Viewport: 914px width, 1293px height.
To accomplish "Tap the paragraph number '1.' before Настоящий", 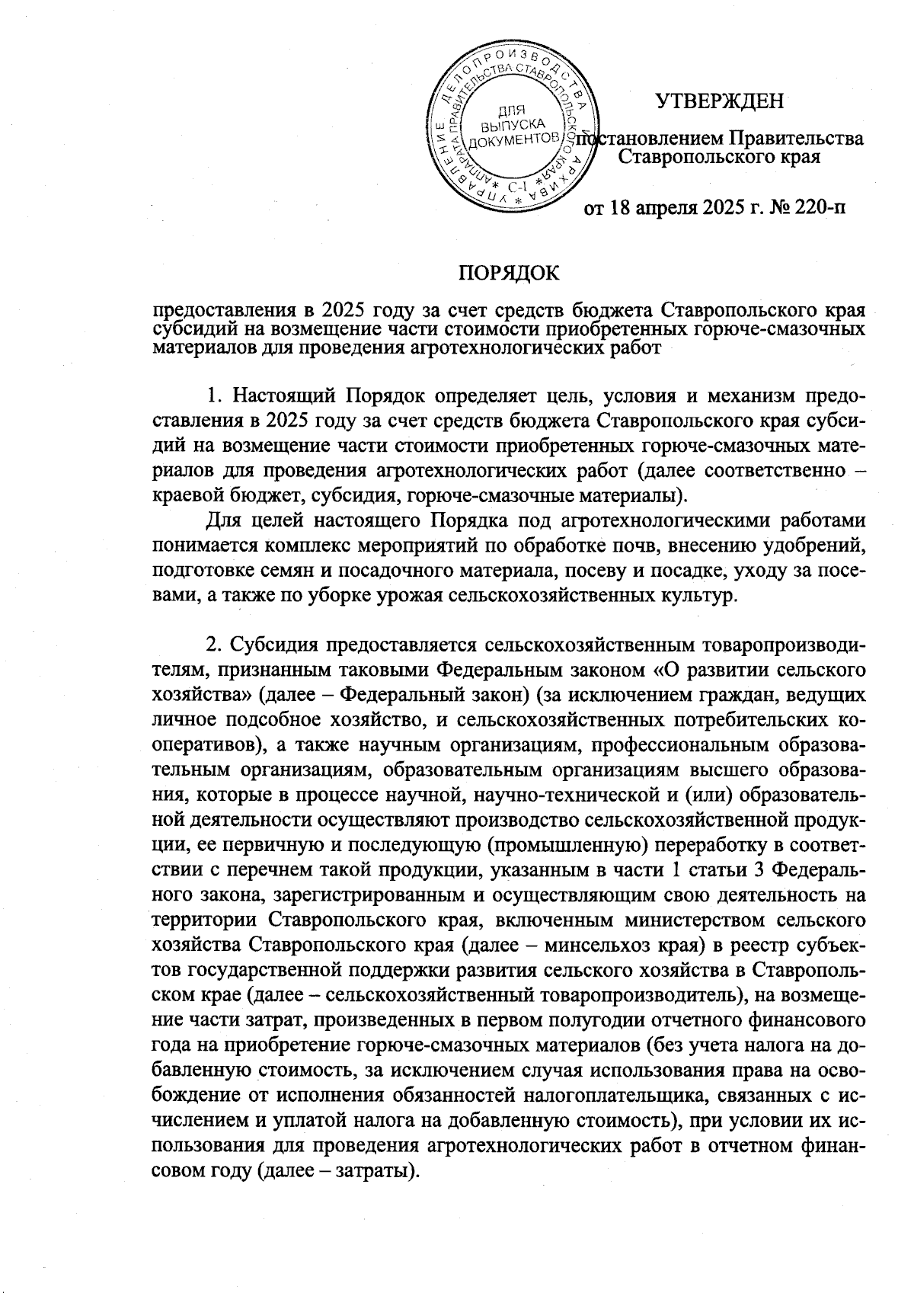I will (x=216, y=397).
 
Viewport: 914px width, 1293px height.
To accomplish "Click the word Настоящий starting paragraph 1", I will (x=280, y=397).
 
